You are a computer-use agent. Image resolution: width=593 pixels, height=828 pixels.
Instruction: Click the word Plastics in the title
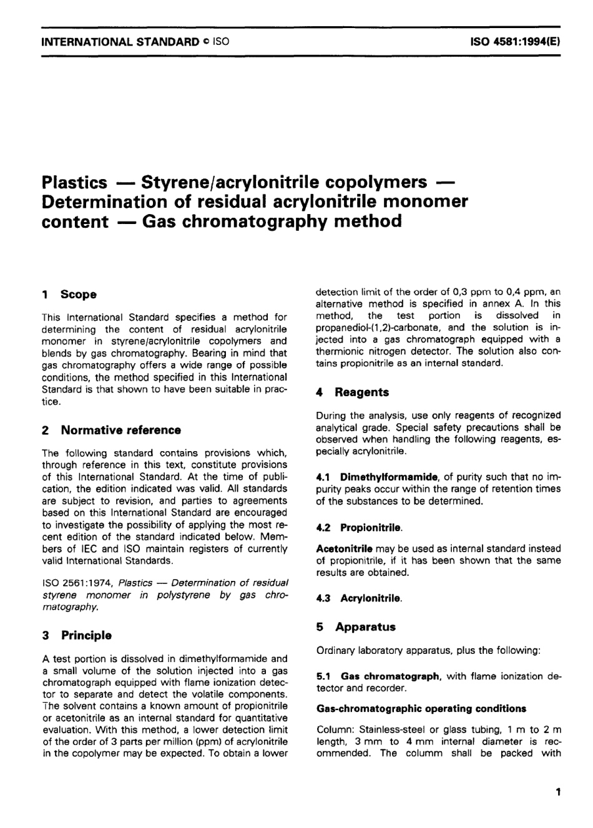74,183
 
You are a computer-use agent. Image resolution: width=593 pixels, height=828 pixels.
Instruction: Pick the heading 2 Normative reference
111,430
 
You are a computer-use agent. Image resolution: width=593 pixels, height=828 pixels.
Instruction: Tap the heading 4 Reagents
353,392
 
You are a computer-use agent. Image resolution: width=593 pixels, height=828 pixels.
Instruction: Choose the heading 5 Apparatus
356,627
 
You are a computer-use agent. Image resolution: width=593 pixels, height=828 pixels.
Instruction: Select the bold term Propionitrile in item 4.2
371,528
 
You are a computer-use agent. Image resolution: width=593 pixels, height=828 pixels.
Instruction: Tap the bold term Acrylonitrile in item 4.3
371,598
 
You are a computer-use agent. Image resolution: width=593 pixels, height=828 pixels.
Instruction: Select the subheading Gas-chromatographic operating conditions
421,709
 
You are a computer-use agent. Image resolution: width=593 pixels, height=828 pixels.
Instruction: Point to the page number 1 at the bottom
557,792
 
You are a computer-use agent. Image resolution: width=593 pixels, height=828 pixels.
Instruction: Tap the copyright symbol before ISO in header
205,42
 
